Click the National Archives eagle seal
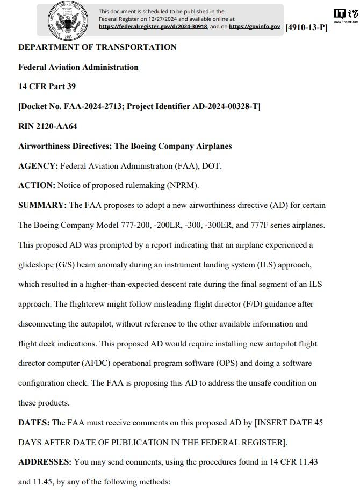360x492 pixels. tap(68, 20)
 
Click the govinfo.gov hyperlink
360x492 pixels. tap(254, 26)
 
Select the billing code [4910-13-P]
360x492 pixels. tap(306, 27)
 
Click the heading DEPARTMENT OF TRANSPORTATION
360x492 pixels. tap(97, 47)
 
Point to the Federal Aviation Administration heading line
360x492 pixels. tap(78, 67)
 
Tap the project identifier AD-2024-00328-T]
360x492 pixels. tap(226, 107)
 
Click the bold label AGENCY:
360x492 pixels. tap(38, 166)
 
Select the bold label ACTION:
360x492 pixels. tap(37, 186)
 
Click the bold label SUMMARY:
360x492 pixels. tap(42, 206)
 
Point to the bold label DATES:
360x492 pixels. tap(34, 423)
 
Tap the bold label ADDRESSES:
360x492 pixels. tap(45, 462)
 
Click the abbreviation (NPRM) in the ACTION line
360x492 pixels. tap(181, 186)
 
